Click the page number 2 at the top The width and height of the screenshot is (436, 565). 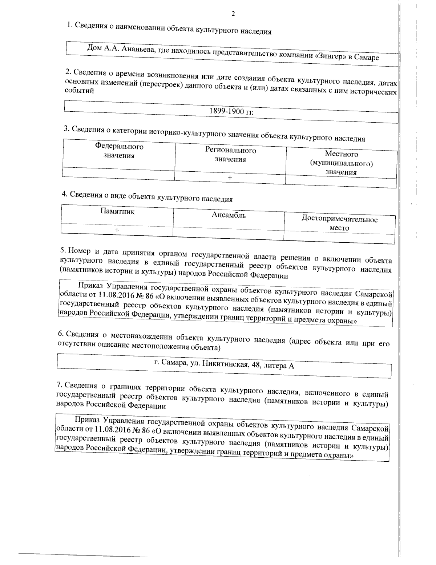coord(233,14)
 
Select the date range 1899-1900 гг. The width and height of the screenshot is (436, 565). coord(231,112)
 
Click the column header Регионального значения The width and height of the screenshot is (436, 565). coord(230,155)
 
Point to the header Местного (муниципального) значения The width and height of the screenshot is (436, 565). coord(341,163)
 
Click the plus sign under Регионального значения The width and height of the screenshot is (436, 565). coord(230,178)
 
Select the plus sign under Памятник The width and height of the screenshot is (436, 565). coord(117,230)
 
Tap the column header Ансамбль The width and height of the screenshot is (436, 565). coord(229,215)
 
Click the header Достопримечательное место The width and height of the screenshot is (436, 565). coord(339,223)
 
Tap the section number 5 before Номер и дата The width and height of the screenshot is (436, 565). coord(62,250)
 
